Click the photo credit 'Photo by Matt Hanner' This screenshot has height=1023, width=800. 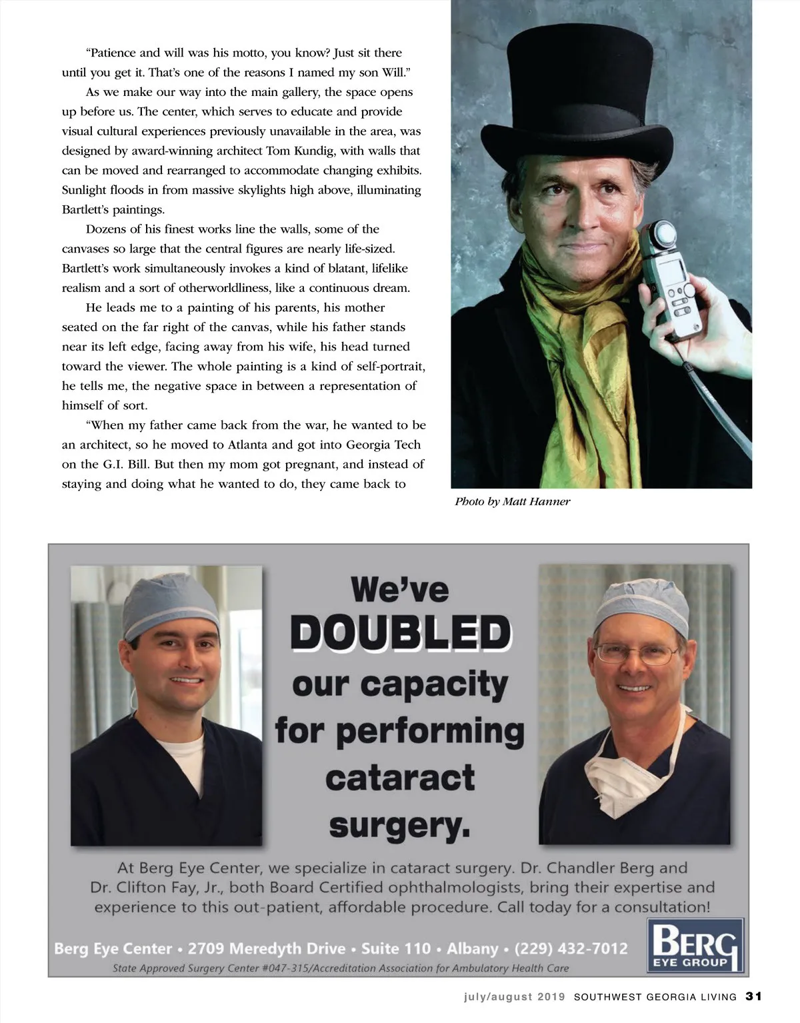(512, 502)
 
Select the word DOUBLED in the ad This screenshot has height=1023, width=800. (400, 633)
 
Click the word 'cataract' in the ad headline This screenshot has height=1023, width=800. (400, 778)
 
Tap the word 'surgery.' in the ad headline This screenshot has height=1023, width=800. (400, 826)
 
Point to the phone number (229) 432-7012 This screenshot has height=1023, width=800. (571, 948)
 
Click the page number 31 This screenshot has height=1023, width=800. (753, 997)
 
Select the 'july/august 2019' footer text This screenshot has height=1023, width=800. (515, 998)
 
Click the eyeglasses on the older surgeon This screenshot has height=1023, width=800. (636, 653)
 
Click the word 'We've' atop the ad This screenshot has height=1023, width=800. (400, 590)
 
